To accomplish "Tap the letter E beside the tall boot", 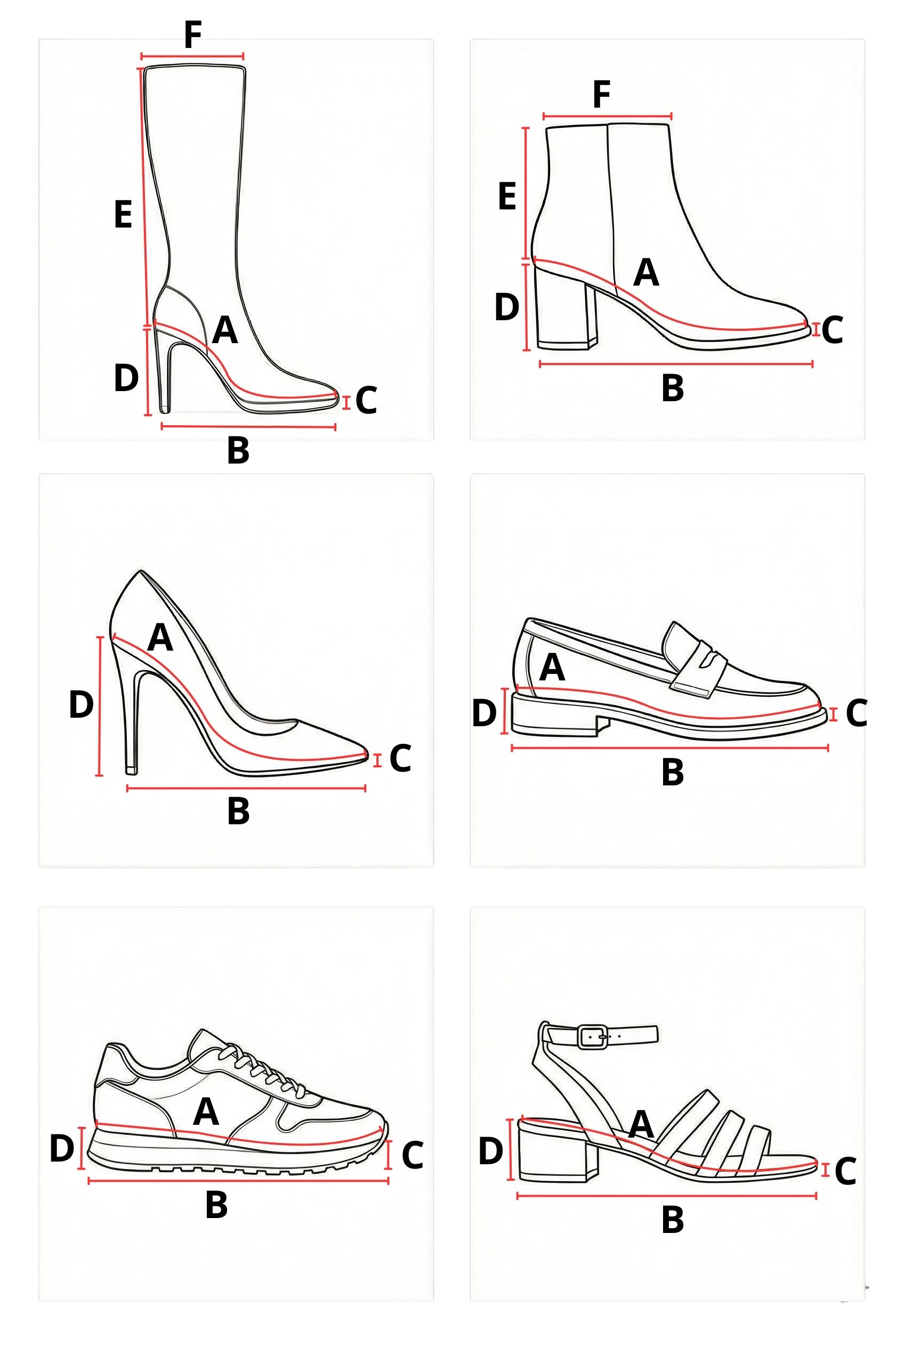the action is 123,214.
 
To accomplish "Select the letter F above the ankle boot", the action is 601,94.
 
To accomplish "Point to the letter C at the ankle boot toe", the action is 833,330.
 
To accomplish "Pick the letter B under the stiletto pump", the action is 238,811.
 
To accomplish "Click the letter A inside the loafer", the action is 552,668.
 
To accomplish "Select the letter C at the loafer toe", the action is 856,713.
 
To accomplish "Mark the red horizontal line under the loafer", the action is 670,748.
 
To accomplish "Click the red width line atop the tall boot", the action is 192,56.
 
